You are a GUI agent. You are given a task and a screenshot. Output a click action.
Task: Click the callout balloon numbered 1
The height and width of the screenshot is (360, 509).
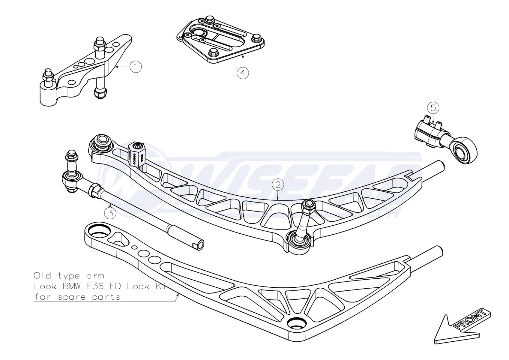[136, 67]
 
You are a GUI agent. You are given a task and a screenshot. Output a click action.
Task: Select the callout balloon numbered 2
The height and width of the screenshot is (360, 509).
[278, 184]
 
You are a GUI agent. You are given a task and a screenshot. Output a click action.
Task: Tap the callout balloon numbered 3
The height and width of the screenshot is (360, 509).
[110, 213]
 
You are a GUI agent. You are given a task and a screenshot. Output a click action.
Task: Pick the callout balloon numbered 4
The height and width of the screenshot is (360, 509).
[243, 73]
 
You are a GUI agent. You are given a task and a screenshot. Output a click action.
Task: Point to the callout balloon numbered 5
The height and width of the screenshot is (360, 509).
[433, 108]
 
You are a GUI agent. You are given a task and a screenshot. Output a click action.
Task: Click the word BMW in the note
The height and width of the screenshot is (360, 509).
[72, 286]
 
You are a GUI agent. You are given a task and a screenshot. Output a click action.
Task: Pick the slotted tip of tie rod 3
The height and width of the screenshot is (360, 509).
[199, 245]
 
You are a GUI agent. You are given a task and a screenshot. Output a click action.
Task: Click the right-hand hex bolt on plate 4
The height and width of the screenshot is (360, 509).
[256, 38]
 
